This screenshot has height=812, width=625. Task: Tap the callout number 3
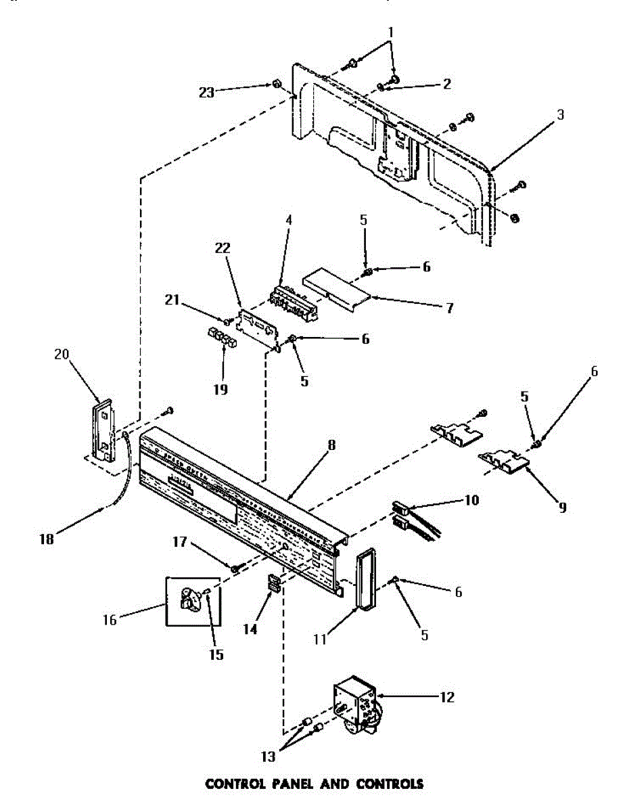coord(560,114)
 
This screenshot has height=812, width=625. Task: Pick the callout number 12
coord(446,696)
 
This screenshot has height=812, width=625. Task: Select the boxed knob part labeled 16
coord(189,601)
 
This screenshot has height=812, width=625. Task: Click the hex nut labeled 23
coord(277,84)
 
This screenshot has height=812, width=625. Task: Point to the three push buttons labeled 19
coord(221,336)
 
